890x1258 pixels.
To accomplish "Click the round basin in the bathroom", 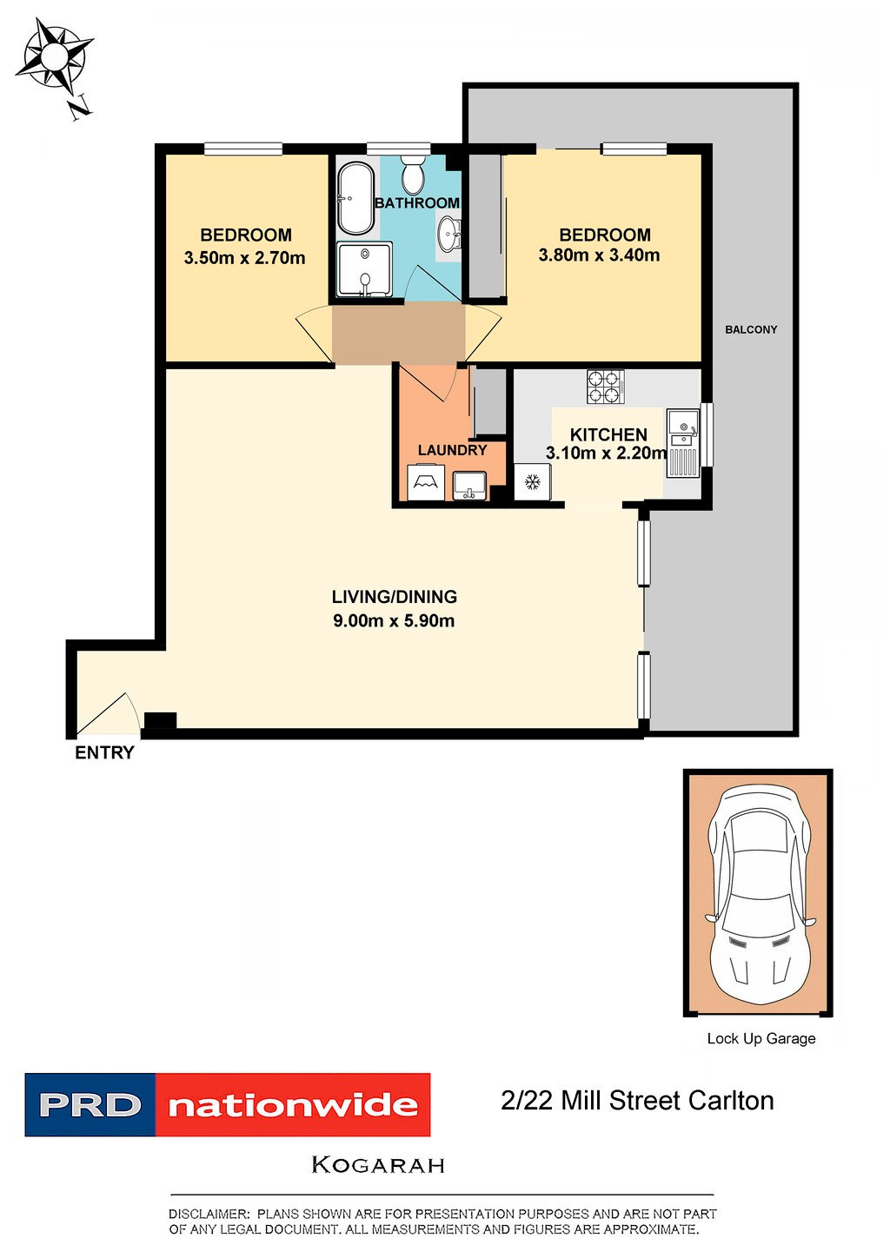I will click(x=448, y=233).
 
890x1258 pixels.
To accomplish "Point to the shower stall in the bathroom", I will click(x=364, y=270).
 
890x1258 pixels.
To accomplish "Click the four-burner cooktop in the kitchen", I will click(x=606, y=387).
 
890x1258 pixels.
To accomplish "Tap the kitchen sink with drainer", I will click(x=683, y=443).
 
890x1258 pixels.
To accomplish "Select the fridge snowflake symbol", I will click(x=533, y=482).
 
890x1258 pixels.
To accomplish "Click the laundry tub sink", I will click(x=470, y=484).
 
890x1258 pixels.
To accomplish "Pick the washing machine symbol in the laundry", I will click(x=425, y=483).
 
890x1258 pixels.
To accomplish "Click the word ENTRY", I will click(x=104, y=753).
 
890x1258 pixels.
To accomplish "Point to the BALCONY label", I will click(x=751, y=329).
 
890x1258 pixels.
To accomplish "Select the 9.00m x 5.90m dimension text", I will click(x=394, y=621).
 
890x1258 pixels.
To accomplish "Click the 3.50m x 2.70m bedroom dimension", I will click(x=244, y=258).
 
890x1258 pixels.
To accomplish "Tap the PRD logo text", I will click(x=90, y=1105).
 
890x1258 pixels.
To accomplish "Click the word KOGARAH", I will click(x=378, y=1165).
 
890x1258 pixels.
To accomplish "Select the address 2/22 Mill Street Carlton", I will click(x=637, y=1101).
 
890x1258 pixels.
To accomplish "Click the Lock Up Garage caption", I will click(x=760, y=1038).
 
